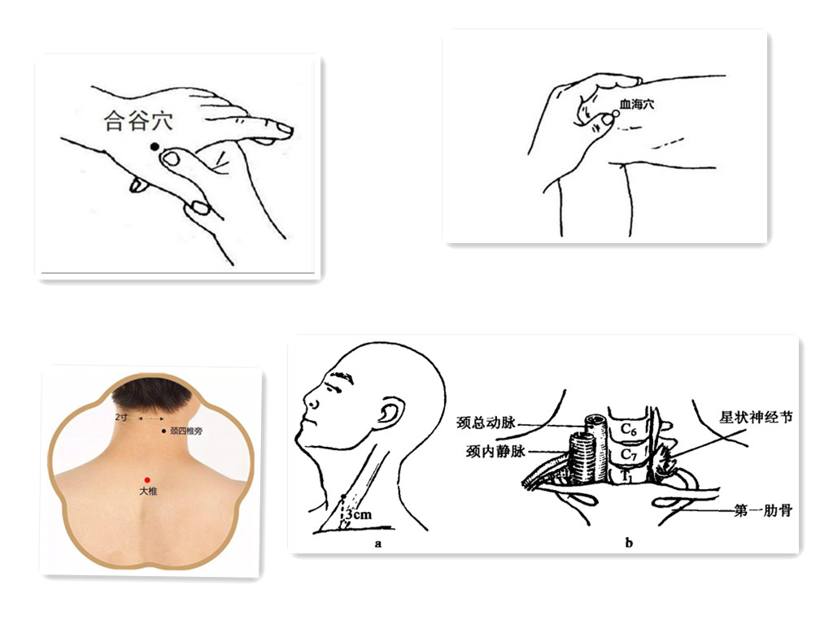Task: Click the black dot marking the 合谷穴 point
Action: click(x=155, y=146)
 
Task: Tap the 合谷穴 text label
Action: click(x=138, y=120)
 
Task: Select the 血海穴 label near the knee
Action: click(x=637, y=105)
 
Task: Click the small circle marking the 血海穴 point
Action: click(x=616, y=114)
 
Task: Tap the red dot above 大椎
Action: click(x=148, y=480)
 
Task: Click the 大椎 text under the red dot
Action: click(x=148, y=492)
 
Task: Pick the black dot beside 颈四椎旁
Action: click(x=164, y=431)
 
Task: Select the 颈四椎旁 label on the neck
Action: click(x=186, y=431)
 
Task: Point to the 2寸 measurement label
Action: click(x=122, y=417)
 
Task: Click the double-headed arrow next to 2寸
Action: click(x=150, y=418)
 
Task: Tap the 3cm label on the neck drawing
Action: click(x=359, y=514)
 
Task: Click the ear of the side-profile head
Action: click(x=389, y=413)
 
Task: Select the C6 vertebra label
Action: click(x=629, y=429)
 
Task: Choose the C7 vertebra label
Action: click(x=629, y=455)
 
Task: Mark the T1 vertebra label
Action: click(x=628, y=477)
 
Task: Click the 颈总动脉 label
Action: click(x=486, y=422)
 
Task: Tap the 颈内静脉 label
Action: click(x=495, y=451)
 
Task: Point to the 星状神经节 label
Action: click(x=756, y=417)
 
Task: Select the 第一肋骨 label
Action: click(x=763, y=510)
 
